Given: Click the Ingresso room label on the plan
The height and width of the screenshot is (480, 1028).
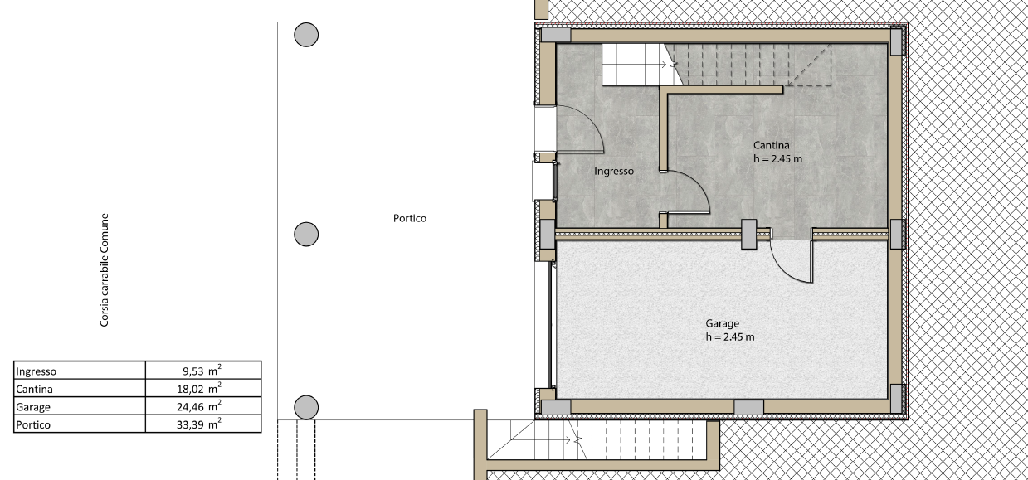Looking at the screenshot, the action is tap(614, 171).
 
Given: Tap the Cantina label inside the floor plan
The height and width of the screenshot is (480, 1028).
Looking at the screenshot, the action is tap(772, 145).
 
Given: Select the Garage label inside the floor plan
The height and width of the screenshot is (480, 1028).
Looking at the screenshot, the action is tap(723, 323).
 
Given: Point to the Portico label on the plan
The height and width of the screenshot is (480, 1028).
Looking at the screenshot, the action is tap(410, 218).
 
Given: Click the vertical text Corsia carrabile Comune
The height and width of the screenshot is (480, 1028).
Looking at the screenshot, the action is tap(105, 270).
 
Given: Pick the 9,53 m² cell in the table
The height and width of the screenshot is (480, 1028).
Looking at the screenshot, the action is tap(202, 371).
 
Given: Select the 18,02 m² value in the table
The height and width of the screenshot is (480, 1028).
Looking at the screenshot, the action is tap(199, 388).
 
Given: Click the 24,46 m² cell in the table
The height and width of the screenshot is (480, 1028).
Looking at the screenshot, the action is tap(199, 406).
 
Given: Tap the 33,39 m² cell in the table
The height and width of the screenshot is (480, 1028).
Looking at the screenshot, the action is tap(199, 424).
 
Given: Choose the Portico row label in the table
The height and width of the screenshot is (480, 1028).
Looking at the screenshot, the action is tap(33, 425).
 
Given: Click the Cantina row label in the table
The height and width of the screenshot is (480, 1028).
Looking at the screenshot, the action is tap(34, 390).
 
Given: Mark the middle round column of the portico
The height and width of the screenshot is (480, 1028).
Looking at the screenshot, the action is tap(306, 235).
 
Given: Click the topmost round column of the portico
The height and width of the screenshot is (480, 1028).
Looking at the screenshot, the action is tap(306, 35).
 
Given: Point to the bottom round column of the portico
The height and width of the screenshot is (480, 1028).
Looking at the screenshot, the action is tap(306, 407).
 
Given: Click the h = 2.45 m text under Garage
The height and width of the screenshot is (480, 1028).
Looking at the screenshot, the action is tap(730, 337).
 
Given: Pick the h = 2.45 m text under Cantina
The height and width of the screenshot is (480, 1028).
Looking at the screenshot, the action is tap(778, 159).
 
